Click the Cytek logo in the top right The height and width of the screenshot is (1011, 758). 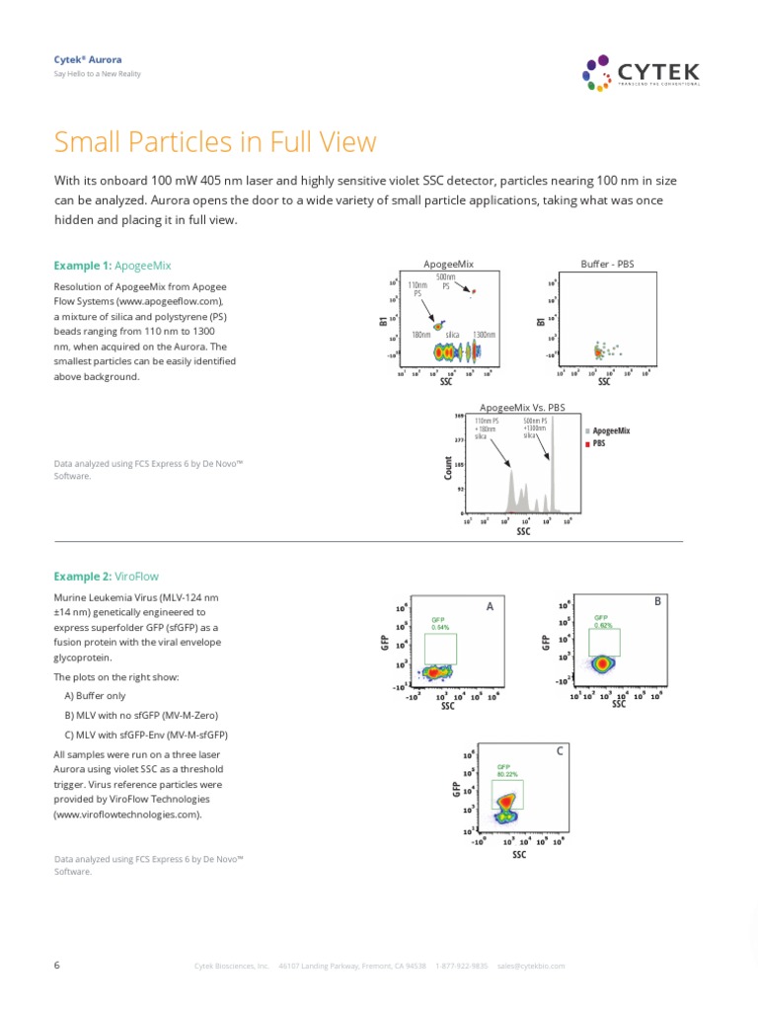pyautogui.click(x=642, y=73)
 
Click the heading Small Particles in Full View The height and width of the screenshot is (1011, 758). pyautogui.click(x=215, y=142)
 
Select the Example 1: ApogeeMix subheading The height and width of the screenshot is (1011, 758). pyautogui.click(x=113, y=266)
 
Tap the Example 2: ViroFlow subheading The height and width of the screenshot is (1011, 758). pyautogui.click(x=106, y=576)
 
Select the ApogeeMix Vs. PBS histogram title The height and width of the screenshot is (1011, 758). pyautogui.click(x=522, y=407)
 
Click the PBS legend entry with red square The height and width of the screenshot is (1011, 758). pyautogui.click(x=597, y=444)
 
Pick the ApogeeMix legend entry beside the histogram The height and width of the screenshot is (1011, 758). pyautogui.click(x=608, y=431)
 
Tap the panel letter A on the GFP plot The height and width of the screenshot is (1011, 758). pyautogui.click(x=490, y=607)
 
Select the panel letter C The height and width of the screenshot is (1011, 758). pyautogui.click(x=559, y=751)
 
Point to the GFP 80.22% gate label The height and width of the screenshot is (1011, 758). pyautogui.click(x=506, y=771)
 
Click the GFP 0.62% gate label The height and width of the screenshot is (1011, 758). pyautogui.click(x=603, y=621)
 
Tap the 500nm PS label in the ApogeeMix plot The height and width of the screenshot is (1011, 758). pyautogui.click(x=445, y=282)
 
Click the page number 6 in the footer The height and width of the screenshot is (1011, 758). pyautogui.click(x=57, y=965)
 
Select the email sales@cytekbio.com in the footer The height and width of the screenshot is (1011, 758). pyautogui.click(x=531, y=966)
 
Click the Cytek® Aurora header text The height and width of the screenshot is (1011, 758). pyautogui.click(x=85, y=60)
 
